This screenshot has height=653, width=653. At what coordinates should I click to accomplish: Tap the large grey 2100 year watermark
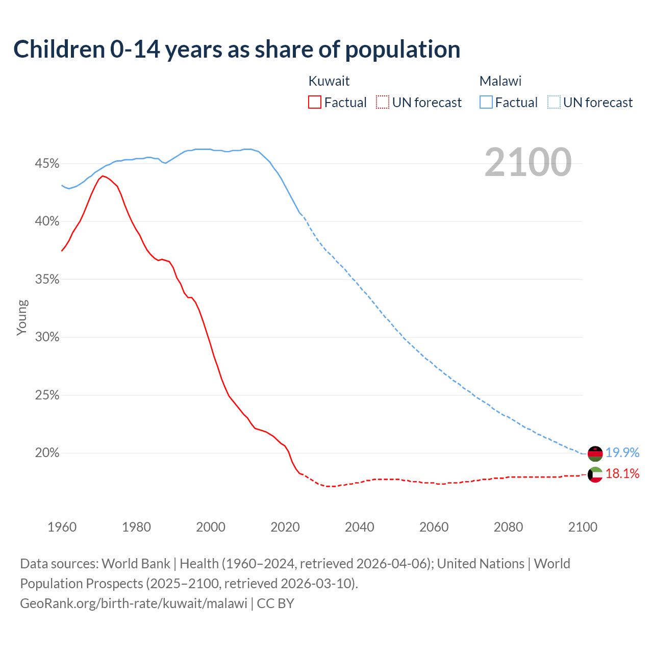[528, 162]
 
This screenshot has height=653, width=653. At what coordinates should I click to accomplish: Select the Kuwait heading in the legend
[329, 81]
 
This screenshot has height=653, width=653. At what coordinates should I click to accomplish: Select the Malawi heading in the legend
[500, 81]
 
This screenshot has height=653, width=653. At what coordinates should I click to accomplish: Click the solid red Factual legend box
[315, 103]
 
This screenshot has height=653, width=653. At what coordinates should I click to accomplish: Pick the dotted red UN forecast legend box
[383, 103]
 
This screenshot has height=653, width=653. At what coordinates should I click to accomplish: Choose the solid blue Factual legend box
[486, 103]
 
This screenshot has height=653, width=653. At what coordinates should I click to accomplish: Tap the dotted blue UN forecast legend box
[554, 103]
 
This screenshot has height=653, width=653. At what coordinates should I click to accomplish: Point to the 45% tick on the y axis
[47, 164]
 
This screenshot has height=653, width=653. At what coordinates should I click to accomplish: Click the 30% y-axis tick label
[47, 337]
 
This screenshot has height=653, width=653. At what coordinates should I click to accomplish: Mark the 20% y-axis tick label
[47, 453]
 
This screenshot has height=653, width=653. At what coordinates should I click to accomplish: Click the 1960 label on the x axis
[62, 527]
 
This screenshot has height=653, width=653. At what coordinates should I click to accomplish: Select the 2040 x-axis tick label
[360, 527]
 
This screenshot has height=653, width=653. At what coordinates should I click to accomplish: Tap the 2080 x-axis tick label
[508, 527]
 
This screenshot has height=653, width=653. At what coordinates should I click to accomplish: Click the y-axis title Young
[22, 317]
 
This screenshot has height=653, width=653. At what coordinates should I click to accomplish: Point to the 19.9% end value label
[622, 453]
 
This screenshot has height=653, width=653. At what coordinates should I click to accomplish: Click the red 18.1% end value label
[622, 474]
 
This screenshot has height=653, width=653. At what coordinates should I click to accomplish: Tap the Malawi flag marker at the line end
[595, 453]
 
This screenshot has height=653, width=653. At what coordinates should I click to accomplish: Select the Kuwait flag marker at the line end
[595, 474]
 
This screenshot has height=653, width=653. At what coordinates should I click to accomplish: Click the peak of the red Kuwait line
[103, 176]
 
